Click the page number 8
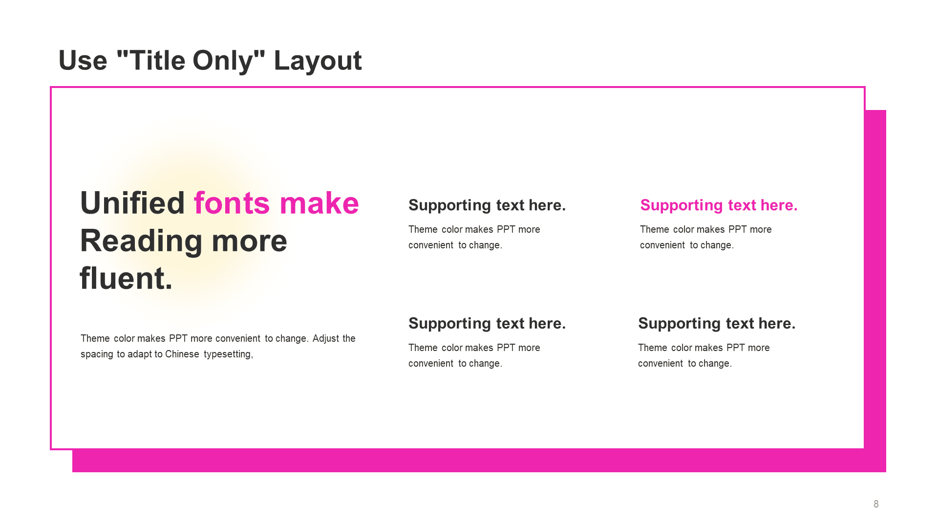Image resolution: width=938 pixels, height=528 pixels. (x=876, y=504)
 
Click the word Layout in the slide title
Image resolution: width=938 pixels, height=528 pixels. (x=318, y=61)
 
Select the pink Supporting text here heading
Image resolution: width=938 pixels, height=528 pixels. (x=719, y=205)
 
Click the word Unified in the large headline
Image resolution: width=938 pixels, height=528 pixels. (x=132, y=203)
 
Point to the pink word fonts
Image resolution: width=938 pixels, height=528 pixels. (x=232, y=203)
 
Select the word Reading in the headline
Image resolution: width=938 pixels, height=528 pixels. (x=141, y=242)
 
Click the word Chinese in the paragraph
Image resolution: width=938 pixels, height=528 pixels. (x=182, y=354)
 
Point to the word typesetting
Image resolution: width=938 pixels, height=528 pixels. (x=228, y=354)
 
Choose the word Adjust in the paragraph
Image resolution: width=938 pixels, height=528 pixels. (x=326, y=338)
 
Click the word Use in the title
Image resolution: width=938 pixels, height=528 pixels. (x=83, y=61)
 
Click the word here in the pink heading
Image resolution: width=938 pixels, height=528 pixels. (x=779, y=205)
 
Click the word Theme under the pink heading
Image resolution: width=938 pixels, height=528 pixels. (x=654, y=229)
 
